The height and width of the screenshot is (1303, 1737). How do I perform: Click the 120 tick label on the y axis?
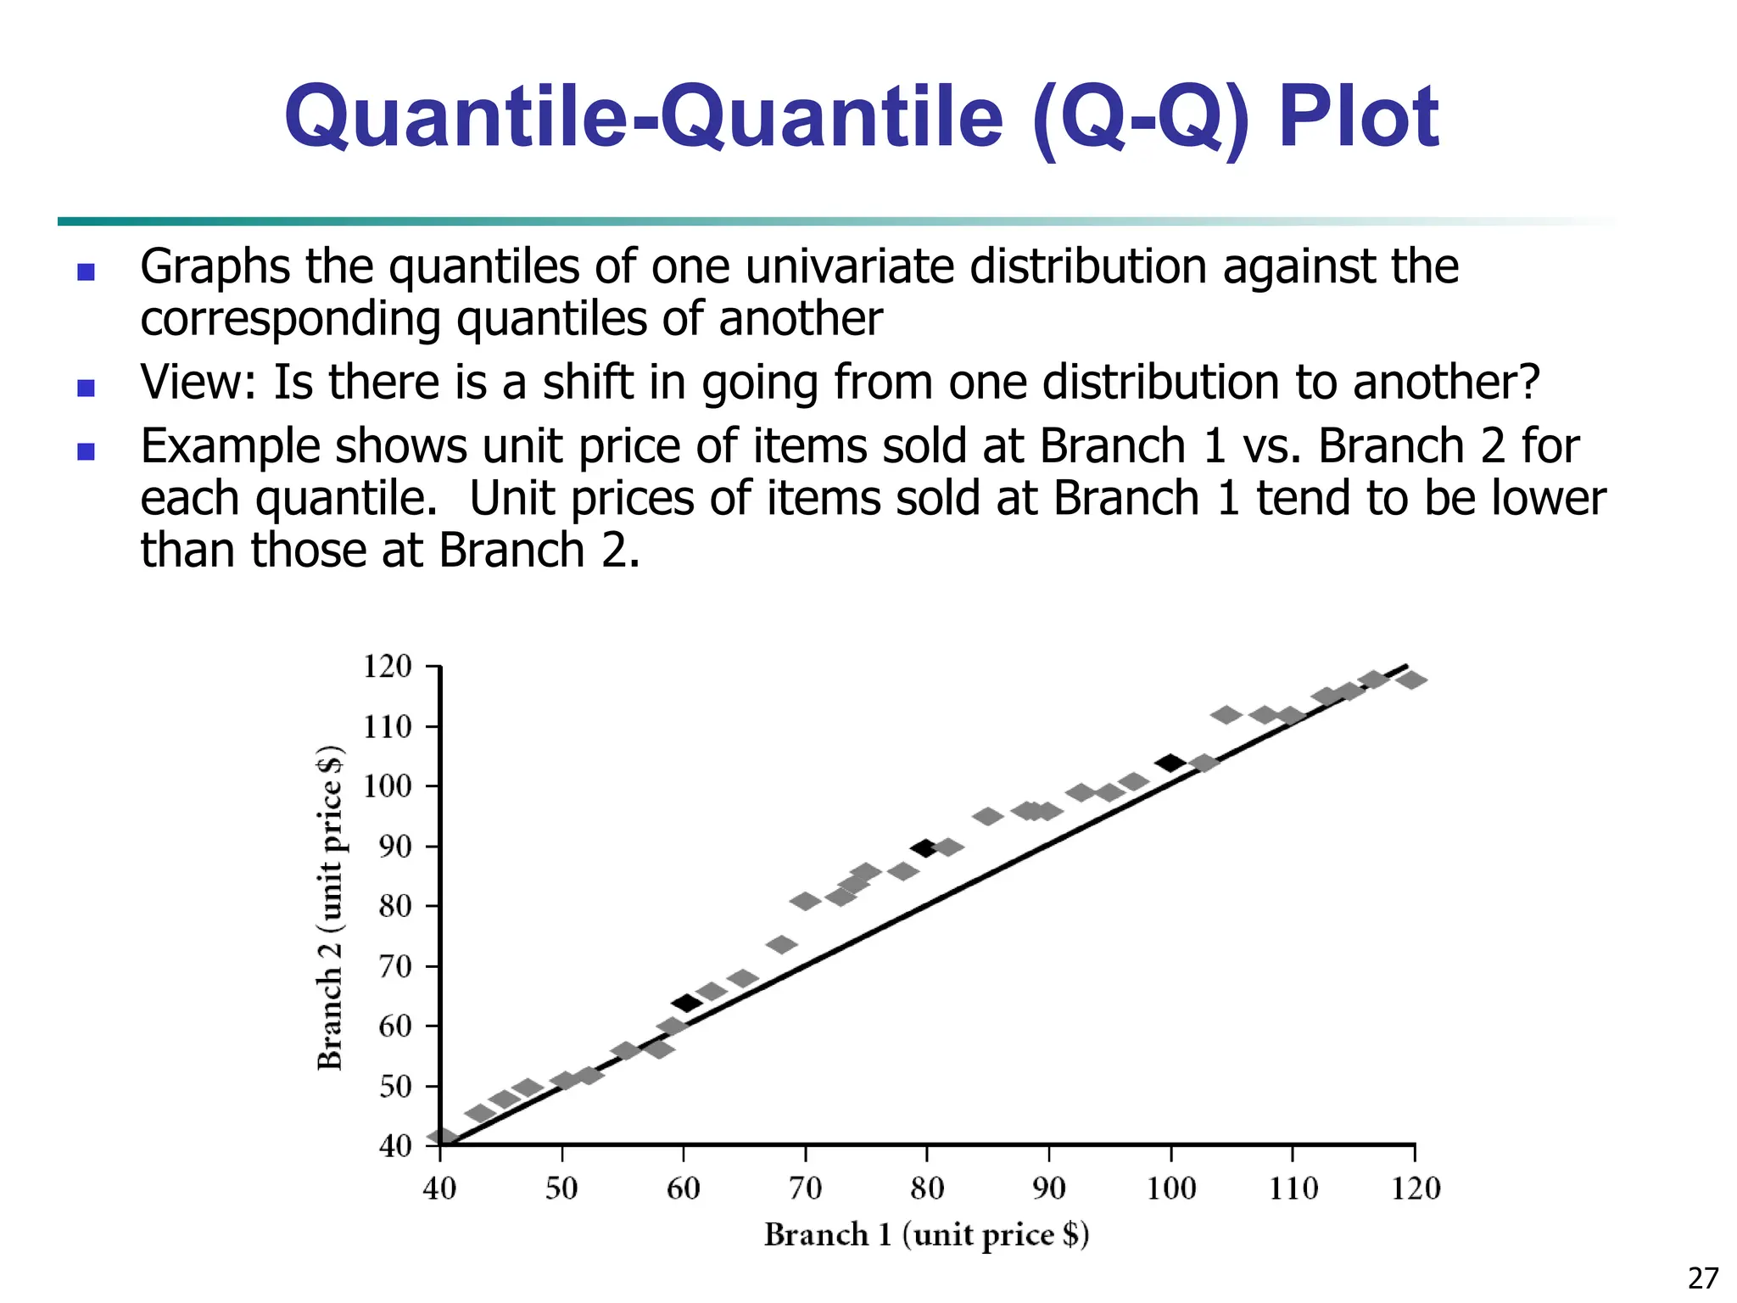coord(387,667)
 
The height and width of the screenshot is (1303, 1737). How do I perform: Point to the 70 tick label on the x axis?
coord(805,1188)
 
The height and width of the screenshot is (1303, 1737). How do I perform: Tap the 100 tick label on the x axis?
coord(1170,1188)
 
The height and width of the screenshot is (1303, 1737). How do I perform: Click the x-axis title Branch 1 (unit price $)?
coord(926,1234)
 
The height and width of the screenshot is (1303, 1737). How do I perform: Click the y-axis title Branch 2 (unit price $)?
coord(330,908)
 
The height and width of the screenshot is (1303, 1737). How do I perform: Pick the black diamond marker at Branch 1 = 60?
coord(686,1004)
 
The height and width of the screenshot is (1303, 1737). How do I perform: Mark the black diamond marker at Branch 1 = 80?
coord(924,847)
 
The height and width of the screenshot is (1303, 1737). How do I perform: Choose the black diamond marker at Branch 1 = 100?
coord(1170,763)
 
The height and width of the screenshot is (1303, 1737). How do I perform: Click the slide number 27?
coord(1703,1278)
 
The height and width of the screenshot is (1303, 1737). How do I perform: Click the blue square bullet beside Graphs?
coord(86,271)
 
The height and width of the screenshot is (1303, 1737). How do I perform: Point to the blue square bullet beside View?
coord(86,388)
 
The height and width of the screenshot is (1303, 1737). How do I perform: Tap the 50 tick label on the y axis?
coord(395,1086)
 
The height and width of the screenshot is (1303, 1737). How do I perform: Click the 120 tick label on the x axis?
coord(1416,1188)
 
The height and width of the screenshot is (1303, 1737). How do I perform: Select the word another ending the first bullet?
coord(800,319)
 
